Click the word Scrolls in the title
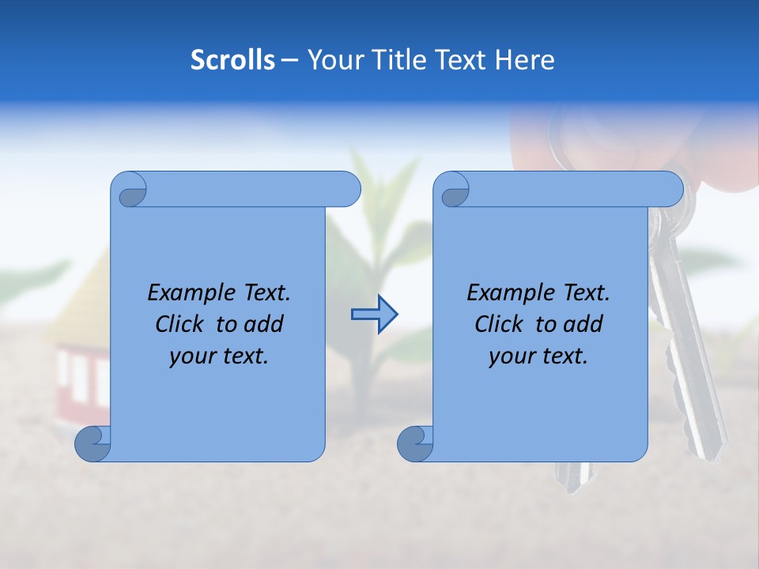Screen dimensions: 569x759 pos(232,60)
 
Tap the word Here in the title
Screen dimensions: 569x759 pos(524,60)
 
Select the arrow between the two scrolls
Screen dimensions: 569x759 pos(374,315)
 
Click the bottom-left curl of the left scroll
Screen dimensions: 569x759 pos(93,444)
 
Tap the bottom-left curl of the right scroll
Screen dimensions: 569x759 pos(414,444)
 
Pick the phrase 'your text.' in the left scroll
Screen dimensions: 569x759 pos(219,356)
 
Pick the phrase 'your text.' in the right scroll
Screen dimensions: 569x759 pos(538,356)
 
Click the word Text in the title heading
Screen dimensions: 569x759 pos(462,60)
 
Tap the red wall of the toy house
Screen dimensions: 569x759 pos(78,371)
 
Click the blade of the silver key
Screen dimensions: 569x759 pos(696,379)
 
